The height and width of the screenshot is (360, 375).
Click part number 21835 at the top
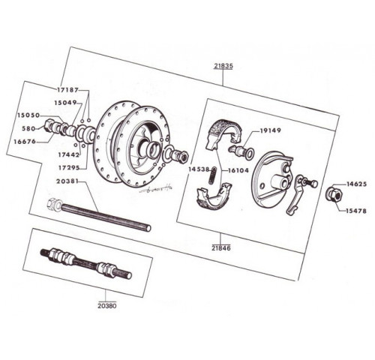pyautogui.click(x=223, y=66)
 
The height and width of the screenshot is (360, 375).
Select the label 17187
pyautogui.click(x=68, y=90)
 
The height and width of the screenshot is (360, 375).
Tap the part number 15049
pyautogui.click(x=65, y=103)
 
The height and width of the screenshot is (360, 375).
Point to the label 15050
pyautogui.click(x=28, y=115)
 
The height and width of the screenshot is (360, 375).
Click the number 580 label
pyautogui.click(x=28, y=128)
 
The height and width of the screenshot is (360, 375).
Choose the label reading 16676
pyautogui.click(x=25, y=142)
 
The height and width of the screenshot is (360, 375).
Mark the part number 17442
pyautogui.click(x=69, y=154)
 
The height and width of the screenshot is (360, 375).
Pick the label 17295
pyautogui.click(x=69, y=168)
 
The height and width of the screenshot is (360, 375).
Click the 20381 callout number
pyautogui.click(x=67, y=181)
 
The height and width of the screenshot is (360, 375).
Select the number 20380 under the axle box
pyautogui.click(x=107, y=306)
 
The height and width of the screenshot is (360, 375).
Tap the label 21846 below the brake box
pyautogui.click(x=221, y=248)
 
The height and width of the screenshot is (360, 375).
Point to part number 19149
pyautogui.click(x=271, y=130)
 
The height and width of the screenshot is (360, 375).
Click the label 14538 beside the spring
pyautogui.click(x=199, y=169)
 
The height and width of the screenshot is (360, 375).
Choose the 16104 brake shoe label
pyautogui.click(x=238, y=170)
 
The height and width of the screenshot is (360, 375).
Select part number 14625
pyautogui.click(x=356, y=184)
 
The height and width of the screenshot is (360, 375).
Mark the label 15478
pyautogui.click(x=356, y=211)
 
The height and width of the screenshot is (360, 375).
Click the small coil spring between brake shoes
pyautogui.click(x=213, y=175)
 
